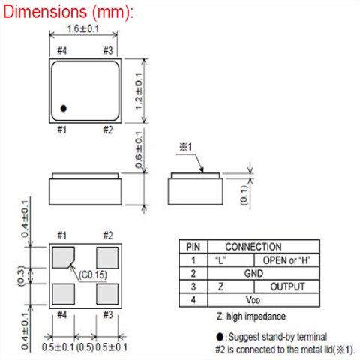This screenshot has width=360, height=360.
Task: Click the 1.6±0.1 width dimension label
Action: [83, 28]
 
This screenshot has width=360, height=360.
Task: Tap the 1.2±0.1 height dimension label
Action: [139, 91]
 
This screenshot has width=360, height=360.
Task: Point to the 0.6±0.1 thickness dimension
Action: [139, 150]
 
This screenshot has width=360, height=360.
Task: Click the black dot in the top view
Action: [64, 108]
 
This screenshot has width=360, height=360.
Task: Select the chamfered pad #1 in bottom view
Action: [63, 257]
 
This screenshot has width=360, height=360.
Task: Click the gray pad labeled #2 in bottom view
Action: [107, 258]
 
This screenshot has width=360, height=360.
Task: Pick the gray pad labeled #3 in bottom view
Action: [107, 294]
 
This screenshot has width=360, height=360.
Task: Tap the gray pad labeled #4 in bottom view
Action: [64, 294]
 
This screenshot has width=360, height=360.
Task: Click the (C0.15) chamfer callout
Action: [93, 274]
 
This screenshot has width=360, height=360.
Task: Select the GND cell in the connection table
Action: [253, 273]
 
